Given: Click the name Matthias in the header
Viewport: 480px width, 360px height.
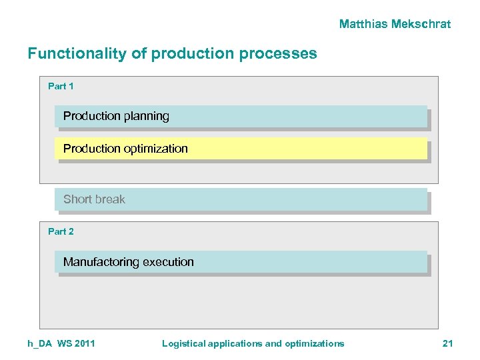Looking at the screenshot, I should point(364,24).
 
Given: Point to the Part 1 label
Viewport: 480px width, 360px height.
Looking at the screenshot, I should point(61,86).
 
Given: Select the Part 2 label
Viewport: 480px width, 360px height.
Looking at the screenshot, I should point(61,231).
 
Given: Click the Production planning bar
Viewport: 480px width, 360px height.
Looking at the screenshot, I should point(240,116).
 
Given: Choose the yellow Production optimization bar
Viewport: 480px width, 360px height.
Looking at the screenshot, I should point(240,149).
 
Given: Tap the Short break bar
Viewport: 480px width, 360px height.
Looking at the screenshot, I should point(240,199).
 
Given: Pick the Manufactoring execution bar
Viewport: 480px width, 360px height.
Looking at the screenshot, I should point(240,262).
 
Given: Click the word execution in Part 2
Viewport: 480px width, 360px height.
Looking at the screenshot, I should point(169,262).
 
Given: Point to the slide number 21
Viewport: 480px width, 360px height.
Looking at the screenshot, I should point(447,343).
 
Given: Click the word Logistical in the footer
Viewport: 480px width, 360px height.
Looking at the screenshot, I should point(183,343).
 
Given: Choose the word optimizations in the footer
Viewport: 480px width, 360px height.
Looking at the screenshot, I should point(315,343).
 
